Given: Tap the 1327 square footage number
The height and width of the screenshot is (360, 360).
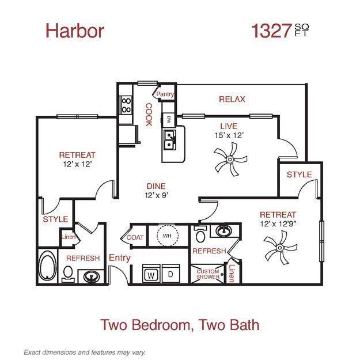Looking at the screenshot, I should (x=270, y=31).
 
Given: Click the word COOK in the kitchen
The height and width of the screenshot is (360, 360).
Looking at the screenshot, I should (x=148, y=115).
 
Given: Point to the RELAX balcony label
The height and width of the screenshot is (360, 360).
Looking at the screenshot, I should (x=232, y=99).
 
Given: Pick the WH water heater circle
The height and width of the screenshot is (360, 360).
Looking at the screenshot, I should (x=166, y=236).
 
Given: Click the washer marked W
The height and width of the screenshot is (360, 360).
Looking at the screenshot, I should (x=151, y=275).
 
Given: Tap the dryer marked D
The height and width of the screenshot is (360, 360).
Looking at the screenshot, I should (x=170, y=275).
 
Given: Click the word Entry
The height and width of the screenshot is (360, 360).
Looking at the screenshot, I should (x=119, y=257).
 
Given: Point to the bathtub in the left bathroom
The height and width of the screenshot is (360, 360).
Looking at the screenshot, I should (x=47, y=267).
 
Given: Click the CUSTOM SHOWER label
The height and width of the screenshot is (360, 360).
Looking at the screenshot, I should (x=208, y=274).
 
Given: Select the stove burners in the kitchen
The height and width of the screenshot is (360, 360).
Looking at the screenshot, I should (x=126, y=104).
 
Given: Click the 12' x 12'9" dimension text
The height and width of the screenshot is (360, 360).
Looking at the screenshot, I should (x=278, y=223).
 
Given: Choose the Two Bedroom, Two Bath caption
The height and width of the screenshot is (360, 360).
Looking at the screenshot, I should (x=180, y=324).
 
